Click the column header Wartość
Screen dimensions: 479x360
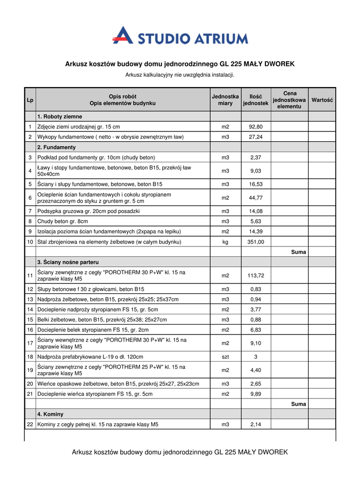click(322, 100)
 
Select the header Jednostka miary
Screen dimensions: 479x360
click(225, 100)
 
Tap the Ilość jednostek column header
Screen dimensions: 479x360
click(256, 100)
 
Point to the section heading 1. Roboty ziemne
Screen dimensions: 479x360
click(59, 116)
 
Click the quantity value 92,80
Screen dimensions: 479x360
click(256, 127)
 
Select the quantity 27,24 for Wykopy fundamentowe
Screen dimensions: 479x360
click(256, 137)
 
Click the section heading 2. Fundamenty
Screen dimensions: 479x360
click(58, 147)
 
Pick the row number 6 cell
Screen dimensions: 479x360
click(30, 198)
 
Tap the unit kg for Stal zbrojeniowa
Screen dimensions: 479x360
click(225, 242)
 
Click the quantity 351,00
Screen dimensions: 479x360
click(256, 242)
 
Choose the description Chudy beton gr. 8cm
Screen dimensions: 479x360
click(63, 221)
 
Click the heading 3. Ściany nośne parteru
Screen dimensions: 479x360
click(68, 262)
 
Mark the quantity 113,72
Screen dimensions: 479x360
click(256, 276)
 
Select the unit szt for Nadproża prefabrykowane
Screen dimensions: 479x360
click(225, 357)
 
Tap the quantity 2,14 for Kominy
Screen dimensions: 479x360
click(256, 425)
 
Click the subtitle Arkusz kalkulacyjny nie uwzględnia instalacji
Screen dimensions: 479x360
click(179, 75)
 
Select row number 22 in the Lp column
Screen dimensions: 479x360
click(30, 425)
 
